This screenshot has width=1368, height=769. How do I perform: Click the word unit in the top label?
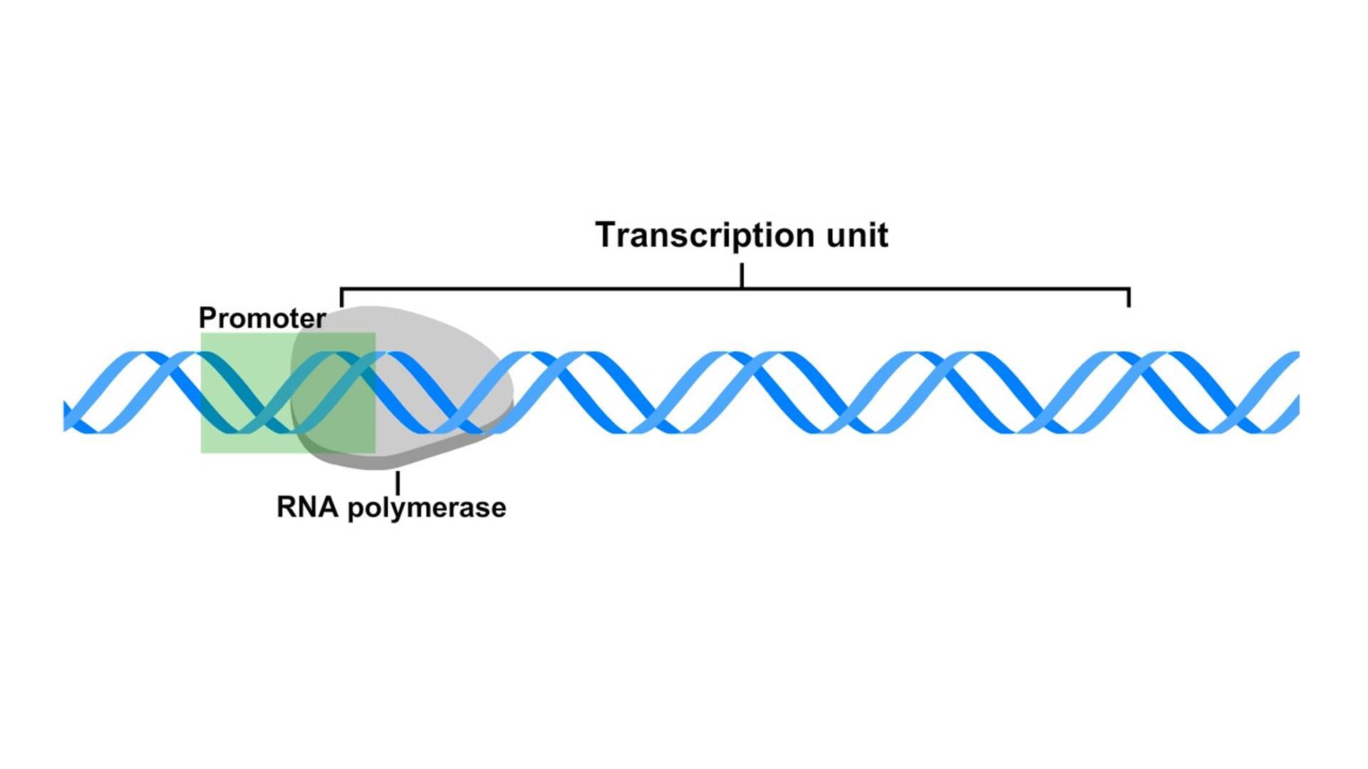(x=857, y=235)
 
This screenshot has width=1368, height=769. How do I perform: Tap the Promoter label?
(x=261, y=318)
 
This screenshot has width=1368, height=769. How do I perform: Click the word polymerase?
(x=426, y=508)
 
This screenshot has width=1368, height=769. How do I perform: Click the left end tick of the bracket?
(x=342, y=298)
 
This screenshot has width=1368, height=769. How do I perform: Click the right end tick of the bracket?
(x=1129, y=298)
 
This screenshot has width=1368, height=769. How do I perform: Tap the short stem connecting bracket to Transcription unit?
(x=742, y=275)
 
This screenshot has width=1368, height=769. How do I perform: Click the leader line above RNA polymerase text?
(x=398, y=482)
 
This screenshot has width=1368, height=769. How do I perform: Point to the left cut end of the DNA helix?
(x=66, y=415)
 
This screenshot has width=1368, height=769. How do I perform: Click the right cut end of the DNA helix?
(x=1297, y=392)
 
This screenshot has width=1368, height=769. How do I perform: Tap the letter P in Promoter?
(x=206, y=318)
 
